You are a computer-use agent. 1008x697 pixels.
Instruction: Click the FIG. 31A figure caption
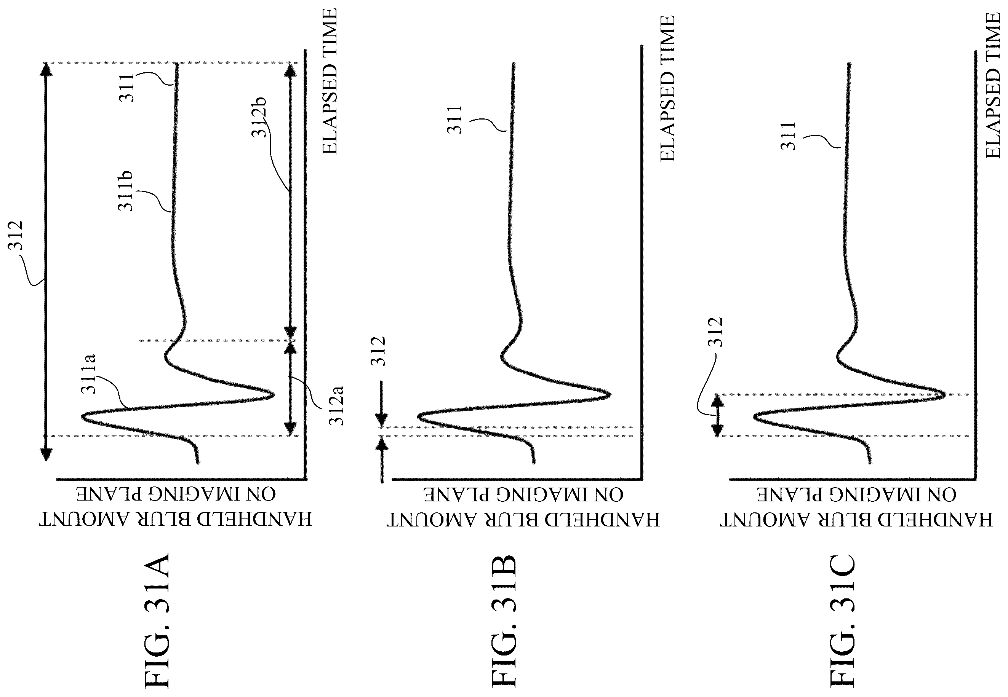click(157, 622)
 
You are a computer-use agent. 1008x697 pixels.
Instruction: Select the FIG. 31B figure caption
click(505, 622)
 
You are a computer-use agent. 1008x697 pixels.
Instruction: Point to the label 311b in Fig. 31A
click(126, 191)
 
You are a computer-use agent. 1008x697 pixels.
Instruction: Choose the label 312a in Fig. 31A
click(336, 406)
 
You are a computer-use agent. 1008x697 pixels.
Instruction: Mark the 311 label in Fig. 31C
click(789, 136)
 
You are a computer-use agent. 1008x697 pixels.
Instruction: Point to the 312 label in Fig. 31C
click(716, 332)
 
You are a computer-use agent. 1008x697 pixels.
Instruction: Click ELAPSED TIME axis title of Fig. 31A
click(330, 81)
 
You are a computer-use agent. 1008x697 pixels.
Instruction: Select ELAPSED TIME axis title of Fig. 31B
click(667, 89)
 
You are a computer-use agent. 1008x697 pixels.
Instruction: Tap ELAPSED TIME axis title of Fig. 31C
click(993, 86)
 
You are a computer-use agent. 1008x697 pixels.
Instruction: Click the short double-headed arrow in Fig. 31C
click(717, 415)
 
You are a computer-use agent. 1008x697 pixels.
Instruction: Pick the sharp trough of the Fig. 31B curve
click(609, 395)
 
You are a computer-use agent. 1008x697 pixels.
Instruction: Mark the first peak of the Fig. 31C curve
click(755, 417)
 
